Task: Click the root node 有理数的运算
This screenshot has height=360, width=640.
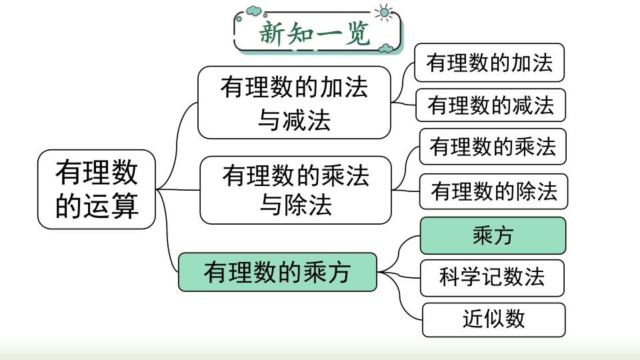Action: pyautogui.click(x=96, y=189)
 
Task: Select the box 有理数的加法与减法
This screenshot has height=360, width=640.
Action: pyautogui.click(x=294, y=103)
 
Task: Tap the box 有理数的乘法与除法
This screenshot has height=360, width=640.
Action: pyautogui.click(x=295, y=190)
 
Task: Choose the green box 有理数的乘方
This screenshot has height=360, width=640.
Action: pyautogui.click(x=277, y=272)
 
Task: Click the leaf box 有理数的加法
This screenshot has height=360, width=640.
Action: pyautogui.click(x=489, y=63)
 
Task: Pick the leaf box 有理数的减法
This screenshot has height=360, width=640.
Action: pyautogui.click(x=491, y=105)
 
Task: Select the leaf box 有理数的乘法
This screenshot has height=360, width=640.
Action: pyautogui.click(x=493, y=147)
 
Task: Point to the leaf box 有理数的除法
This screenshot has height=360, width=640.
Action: pyautogui.click(x=494, y=191)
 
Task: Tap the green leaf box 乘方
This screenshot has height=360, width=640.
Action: pyautogui.click(x=493, y=235)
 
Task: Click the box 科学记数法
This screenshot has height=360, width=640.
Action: pyautogui.click(x=492, y=277)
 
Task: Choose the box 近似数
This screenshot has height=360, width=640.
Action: pyautogui.click(x=494, y=319)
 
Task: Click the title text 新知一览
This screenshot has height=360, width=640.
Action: pyautogui.click(x=315, y=33)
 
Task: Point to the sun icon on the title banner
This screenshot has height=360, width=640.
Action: pyautogui.click(x=384, y=13)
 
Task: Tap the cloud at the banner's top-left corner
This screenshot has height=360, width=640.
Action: pyautogui.click(x=253, y=11)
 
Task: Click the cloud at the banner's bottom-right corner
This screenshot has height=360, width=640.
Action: pyautogui.click(x=386, y=49)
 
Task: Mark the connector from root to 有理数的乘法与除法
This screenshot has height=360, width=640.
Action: pyautogui.click(x=178, y=190)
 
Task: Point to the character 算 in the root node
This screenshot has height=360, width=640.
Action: pyautogui.click(x=125, y=206)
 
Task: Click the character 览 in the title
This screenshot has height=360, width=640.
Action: pyautogui.click(x=357, y=33)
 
